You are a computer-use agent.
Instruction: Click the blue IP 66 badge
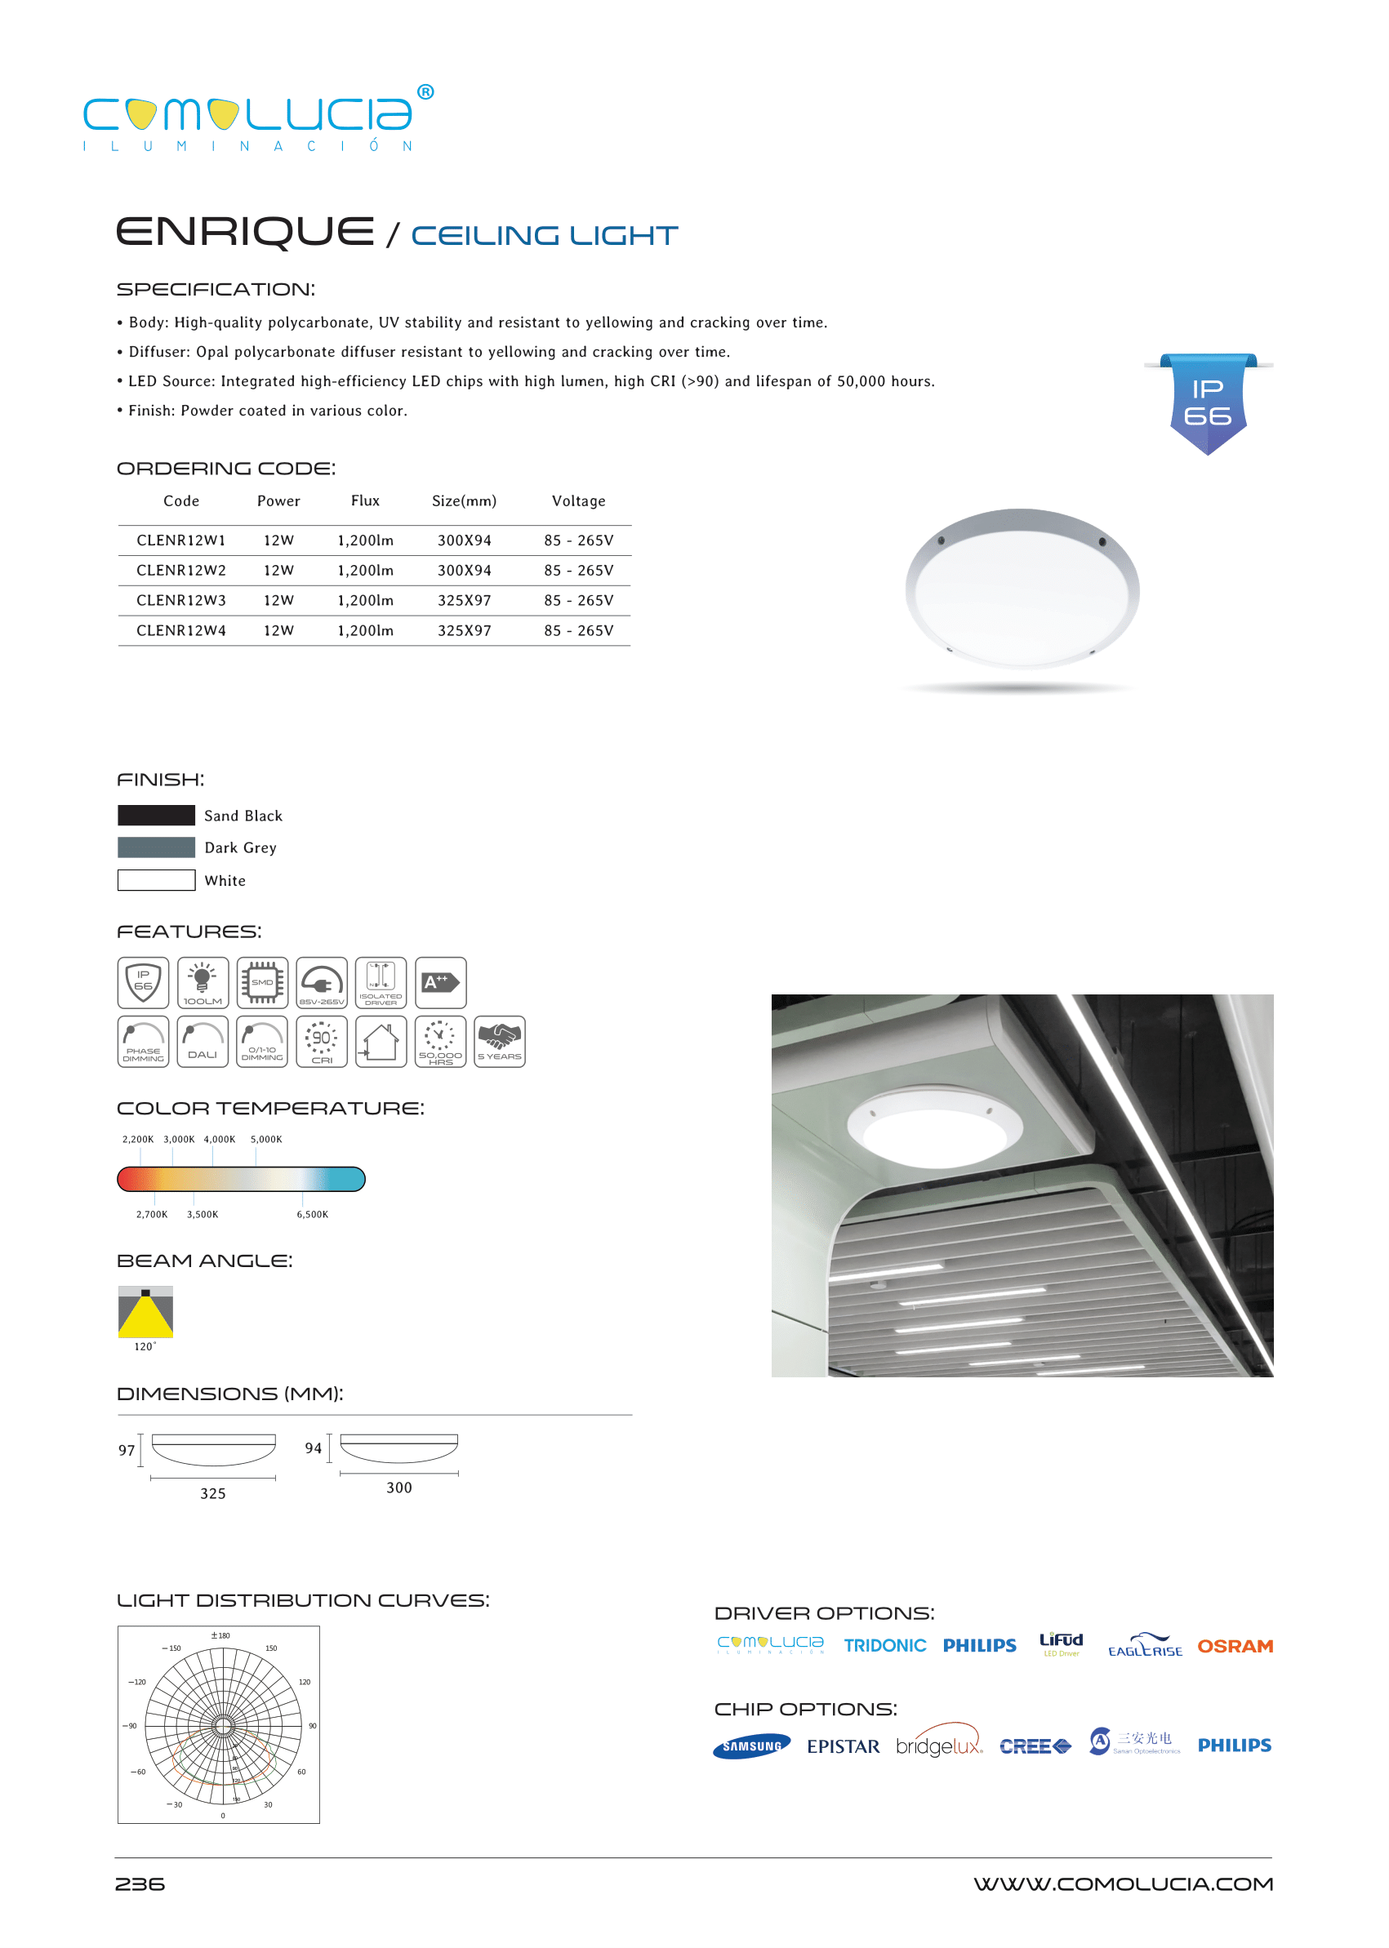click(1208, 402)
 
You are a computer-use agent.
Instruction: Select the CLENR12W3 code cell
click(181, 600)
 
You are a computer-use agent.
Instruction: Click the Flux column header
click(365, 501)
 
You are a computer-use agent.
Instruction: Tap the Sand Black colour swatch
click(157, 815)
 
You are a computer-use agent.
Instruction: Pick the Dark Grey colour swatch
click(157, 847)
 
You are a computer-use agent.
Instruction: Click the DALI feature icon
click(203, 1042)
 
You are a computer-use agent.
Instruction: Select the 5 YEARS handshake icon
click(500, 1042)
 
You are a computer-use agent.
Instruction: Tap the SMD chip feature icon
click(263, 982)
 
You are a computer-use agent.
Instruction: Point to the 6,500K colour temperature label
click(312, 1214)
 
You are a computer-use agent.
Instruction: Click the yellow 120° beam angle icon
click(145, 1312)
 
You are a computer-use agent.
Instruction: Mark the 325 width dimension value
click(213, 1493)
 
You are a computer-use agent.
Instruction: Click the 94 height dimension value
click(314, 1448)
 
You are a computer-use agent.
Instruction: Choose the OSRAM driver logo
click(1234, 1646)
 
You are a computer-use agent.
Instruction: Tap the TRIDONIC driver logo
click(884, 1646)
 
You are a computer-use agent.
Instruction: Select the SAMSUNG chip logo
click(752, 1746)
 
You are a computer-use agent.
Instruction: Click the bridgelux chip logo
click(938, 1746)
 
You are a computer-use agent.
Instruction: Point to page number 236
click(140, 1884)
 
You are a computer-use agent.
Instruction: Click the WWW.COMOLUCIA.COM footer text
click(1123, 1884)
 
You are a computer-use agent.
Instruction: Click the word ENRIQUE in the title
click(246, 232)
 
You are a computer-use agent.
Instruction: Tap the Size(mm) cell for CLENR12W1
click(465, 540)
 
